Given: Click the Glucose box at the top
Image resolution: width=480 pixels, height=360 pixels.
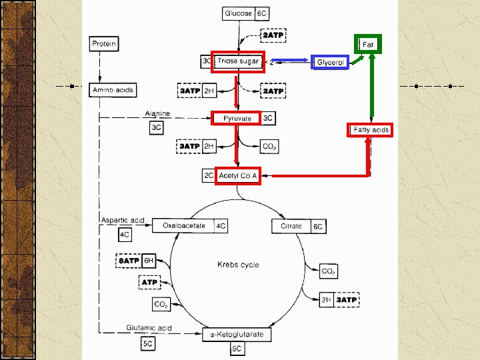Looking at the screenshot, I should click(x=239, y=13).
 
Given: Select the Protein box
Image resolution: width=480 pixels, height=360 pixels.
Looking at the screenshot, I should click(x=104, y=44).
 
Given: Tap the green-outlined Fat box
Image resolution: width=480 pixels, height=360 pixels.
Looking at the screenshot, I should click(x=367, y=44).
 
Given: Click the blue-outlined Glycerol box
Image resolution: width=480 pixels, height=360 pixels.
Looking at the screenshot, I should click(x=330, y=62).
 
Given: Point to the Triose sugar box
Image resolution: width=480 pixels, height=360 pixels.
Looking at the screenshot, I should click(x=238, y=61).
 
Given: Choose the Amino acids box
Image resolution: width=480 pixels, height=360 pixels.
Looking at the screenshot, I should click(x=113, y=89).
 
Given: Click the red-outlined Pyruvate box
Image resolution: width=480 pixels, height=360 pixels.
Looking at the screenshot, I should click(x=237, y=119).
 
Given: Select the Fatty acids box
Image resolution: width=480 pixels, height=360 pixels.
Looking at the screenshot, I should click(x=371, y=129).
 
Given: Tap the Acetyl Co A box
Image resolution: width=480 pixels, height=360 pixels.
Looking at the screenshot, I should click(x=237, y=175).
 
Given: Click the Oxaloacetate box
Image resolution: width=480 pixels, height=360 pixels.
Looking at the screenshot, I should click(x=183, y=226).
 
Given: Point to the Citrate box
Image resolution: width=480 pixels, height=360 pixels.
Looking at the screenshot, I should click(x=291, y=226).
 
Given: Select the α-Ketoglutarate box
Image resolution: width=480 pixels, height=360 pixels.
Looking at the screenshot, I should click(x=237, y=334).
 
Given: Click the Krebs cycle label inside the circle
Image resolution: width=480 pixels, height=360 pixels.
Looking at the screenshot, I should click(x=238, y=265).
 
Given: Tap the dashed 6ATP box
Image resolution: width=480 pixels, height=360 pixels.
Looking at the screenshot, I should click(x=129, y=261).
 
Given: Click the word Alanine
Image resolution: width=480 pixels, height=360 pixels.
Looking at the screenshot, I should click(x=158, y=113).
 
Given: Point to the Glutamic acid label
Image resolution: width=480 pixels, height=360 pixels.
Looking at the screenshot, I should click(x=149, y=327).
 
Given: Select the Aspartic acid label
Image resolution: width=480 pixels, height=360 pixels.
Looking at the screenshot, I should click(x=123, y=220).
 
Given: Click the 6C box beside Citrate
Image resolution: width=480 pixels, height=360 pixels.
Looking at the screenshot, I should click(x=318, y=227).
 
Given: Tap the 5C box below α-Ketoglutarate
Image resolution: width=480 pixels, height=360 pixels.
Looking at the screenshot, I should click(x=237, y=349).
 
